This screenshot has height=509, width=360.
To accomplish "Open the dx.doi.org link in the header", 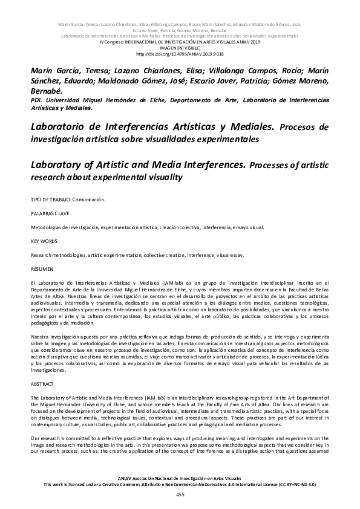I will pos(180,53).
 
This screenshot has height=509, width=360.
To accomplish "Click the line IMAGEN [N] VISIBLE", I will pos(180,47).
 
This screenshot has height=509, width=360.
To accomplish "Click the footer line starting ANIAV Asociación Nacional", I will pos(180,478).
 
